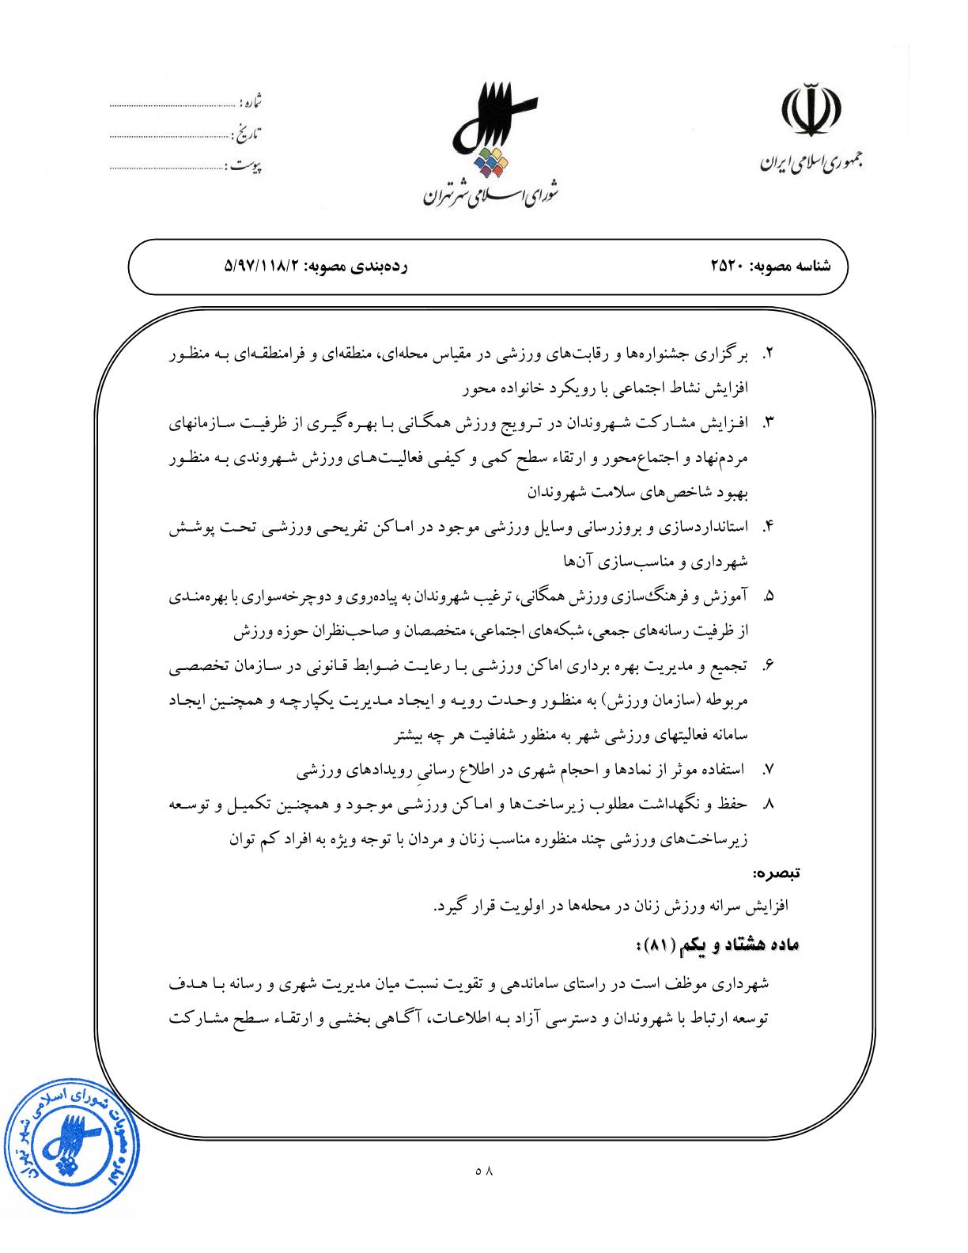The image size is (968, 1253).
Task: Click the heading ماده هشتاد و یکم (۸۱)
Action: (717, 946)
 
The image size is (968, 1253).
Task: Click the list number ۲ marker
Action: (766, 355)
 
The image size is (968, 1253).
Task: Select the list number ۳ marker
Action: (766, 424)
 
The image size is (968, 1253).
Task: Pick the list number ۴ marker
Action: (766, 528)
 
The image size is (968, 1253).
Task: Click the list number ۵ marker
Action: (766, 597)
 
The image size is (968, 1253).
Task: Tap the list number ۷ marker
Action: (766, 769)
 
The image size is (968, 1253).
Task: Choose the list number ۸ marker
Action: (766, 804)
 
